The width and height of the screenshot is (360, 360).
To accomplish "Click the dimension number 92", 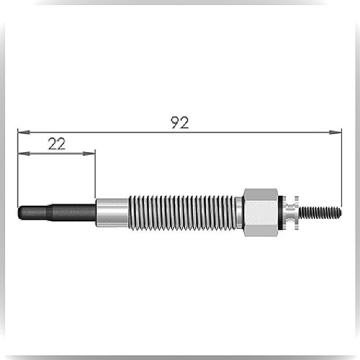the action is (180, 122).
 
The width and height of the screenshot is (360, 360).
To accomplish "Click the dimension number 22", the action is (57, 144).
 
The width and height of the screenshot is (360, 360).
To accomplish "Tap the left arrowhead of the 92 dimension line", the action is (24, 132).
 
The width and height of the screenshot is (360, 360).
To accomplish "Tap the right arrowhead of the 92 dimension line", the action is (335, 132).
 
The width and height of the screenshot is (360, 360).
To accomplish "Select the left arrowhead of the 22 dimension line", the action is (24, 153).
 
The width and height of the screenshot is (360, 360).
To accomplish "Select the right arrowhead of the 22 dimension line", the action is (89, 153).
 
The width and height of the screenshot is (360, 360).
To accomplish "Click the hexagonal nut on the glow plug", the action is (261, 212).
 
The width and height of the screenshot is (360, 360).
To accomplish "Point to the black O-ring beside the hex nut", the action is (280, 212).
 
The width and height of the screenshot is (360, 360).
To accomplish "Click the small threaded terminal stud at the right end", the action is (320, 212).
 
